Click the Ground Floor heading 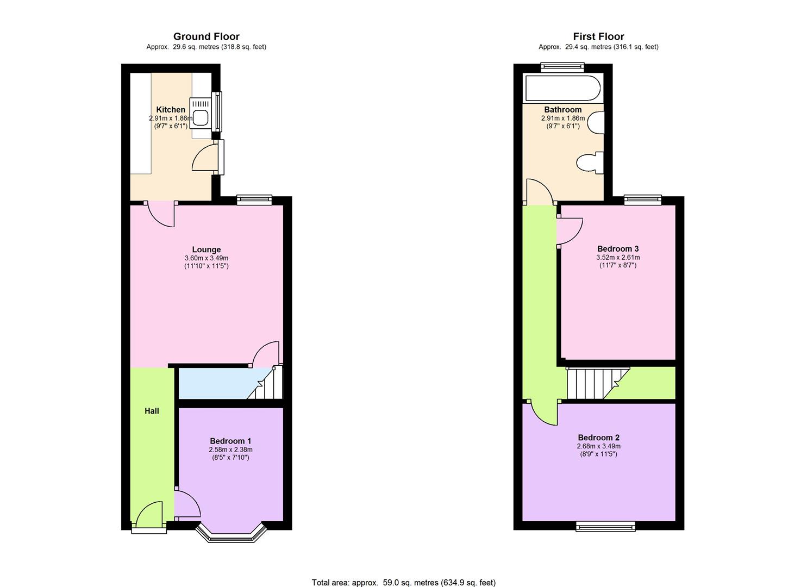tap(206, 36)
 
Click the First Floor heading tap(598, 36)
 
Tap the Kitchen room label tap(171, 110)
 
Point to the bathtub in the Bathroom tap(562, 88)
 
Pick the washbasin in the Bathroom tap(597, 122)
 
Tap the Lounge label tap(206, 250)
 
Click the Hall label tap(152, 411)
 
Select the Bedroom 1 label tap(230, 441)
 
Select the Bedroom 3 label tap(618, 249)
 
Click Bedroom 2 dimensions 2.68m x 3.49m tap(598, 446)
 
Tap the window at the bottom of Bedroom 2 tap(605, 526)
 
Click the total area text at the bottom tap(403, 582)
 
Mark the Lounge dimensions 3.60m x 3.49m tap(206, 258)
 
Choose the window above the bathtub tap(562, 67)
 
